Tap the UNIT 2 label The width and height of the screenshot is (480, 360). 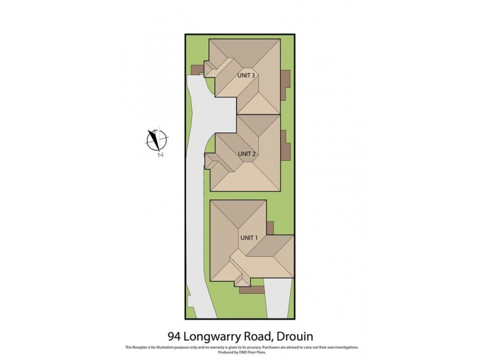click(x=247, y=154)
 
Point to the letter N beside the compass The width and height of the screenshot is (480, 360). click(x=161, y=155)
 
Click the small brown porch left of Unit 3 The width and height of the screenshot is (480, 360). click(x=196, y=70)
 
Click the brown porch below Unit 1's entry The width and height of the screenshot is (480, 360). click(x=251, y=290)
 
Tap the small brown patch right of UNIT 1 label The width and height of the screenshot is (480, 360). click(x=270, y=228)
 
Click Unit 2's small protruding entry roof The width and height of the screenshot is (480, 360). click(x=212, y=162)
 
